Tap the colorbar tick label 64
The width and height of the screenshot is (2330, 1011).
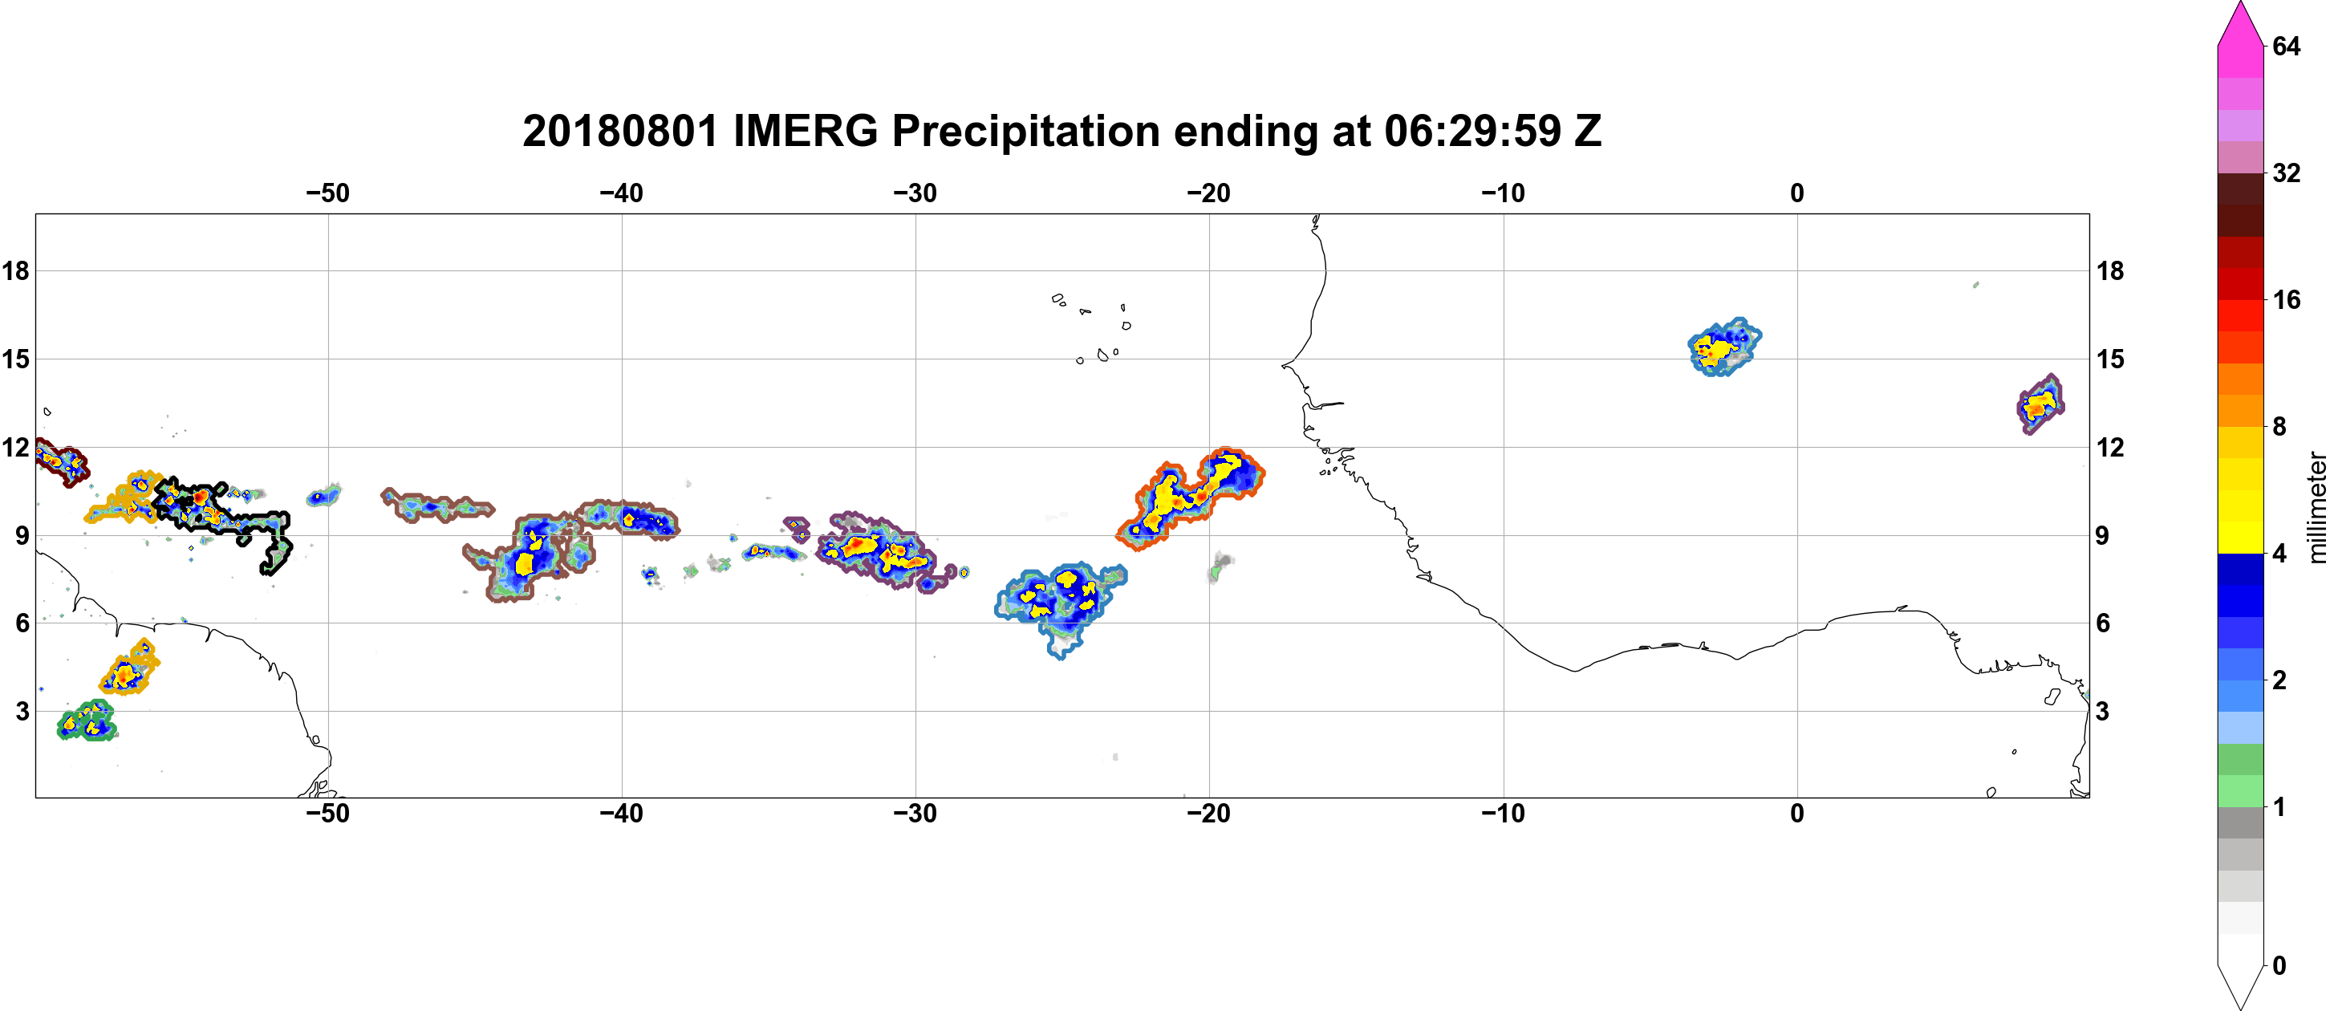pyautogui.click(x=2286, y=46)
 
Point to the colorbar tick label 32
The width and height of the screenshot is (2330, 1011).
pyautogui.click(x=2286, y=173)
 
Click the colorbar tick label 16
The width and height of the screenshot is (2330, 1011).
pyautogui.click(x=2286, y=299)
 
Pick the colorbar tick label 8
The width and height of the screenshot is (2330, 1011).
pyautogui.click(x=2279, y=426)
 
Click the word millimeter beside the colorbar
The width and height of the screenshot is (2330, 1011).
pyautogui.click(x=2316, y=507)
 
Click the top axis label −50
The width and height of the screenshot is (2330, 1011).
pyautogui.click(x=327, y=193)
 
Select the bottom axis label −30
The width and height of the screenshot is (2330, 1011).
pyautogui.click(x=915, y=814)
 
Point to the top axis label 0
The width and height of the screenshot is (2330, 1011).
pyautogui.click(x=1796, y=193)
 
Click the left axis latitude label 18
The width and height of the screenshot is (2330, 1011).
pyautogui.click(x=15, y=270)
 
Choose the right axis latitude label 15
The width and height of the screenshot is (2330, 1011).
pyautogui.click(x=2111, y=359)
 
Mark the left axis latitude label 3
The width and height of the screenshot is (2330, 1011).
pyautogui.click(x=22, y=711)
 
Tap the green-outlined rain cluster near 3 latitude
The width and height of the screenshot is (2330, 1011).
pyautogui.click(x=87, y=721)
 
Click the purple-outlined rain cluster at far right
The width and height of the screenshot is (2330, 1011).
pyautogui.click(x=2040, y=404)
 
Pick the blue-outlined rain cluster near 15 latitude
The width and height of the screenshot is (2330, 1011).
pyautogui.click(x=1724, y=347)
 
